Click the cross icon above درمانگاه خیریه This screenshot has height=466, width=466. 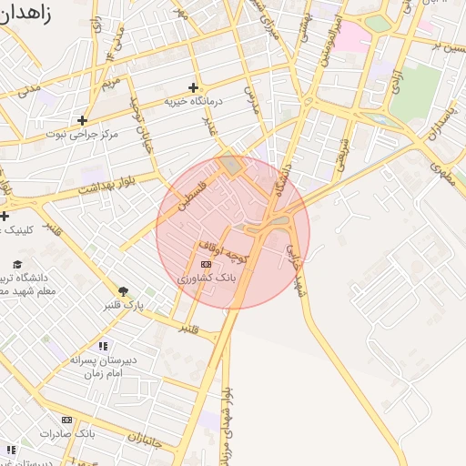[193, 87]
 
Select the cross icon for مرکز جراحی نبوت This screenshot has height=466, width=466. [82, 119]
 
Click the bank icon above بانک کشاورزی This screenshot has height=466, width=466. [206, 264]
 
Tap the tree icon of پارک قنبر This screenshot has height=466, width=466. [123, 291]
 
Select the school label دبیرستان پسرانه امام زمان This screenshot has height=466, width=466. [103, 366]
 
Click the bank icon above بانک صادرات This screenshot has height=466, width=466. [66, 420]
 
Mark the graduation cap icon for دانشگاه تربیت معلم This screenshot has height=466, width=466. [17, 264]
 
